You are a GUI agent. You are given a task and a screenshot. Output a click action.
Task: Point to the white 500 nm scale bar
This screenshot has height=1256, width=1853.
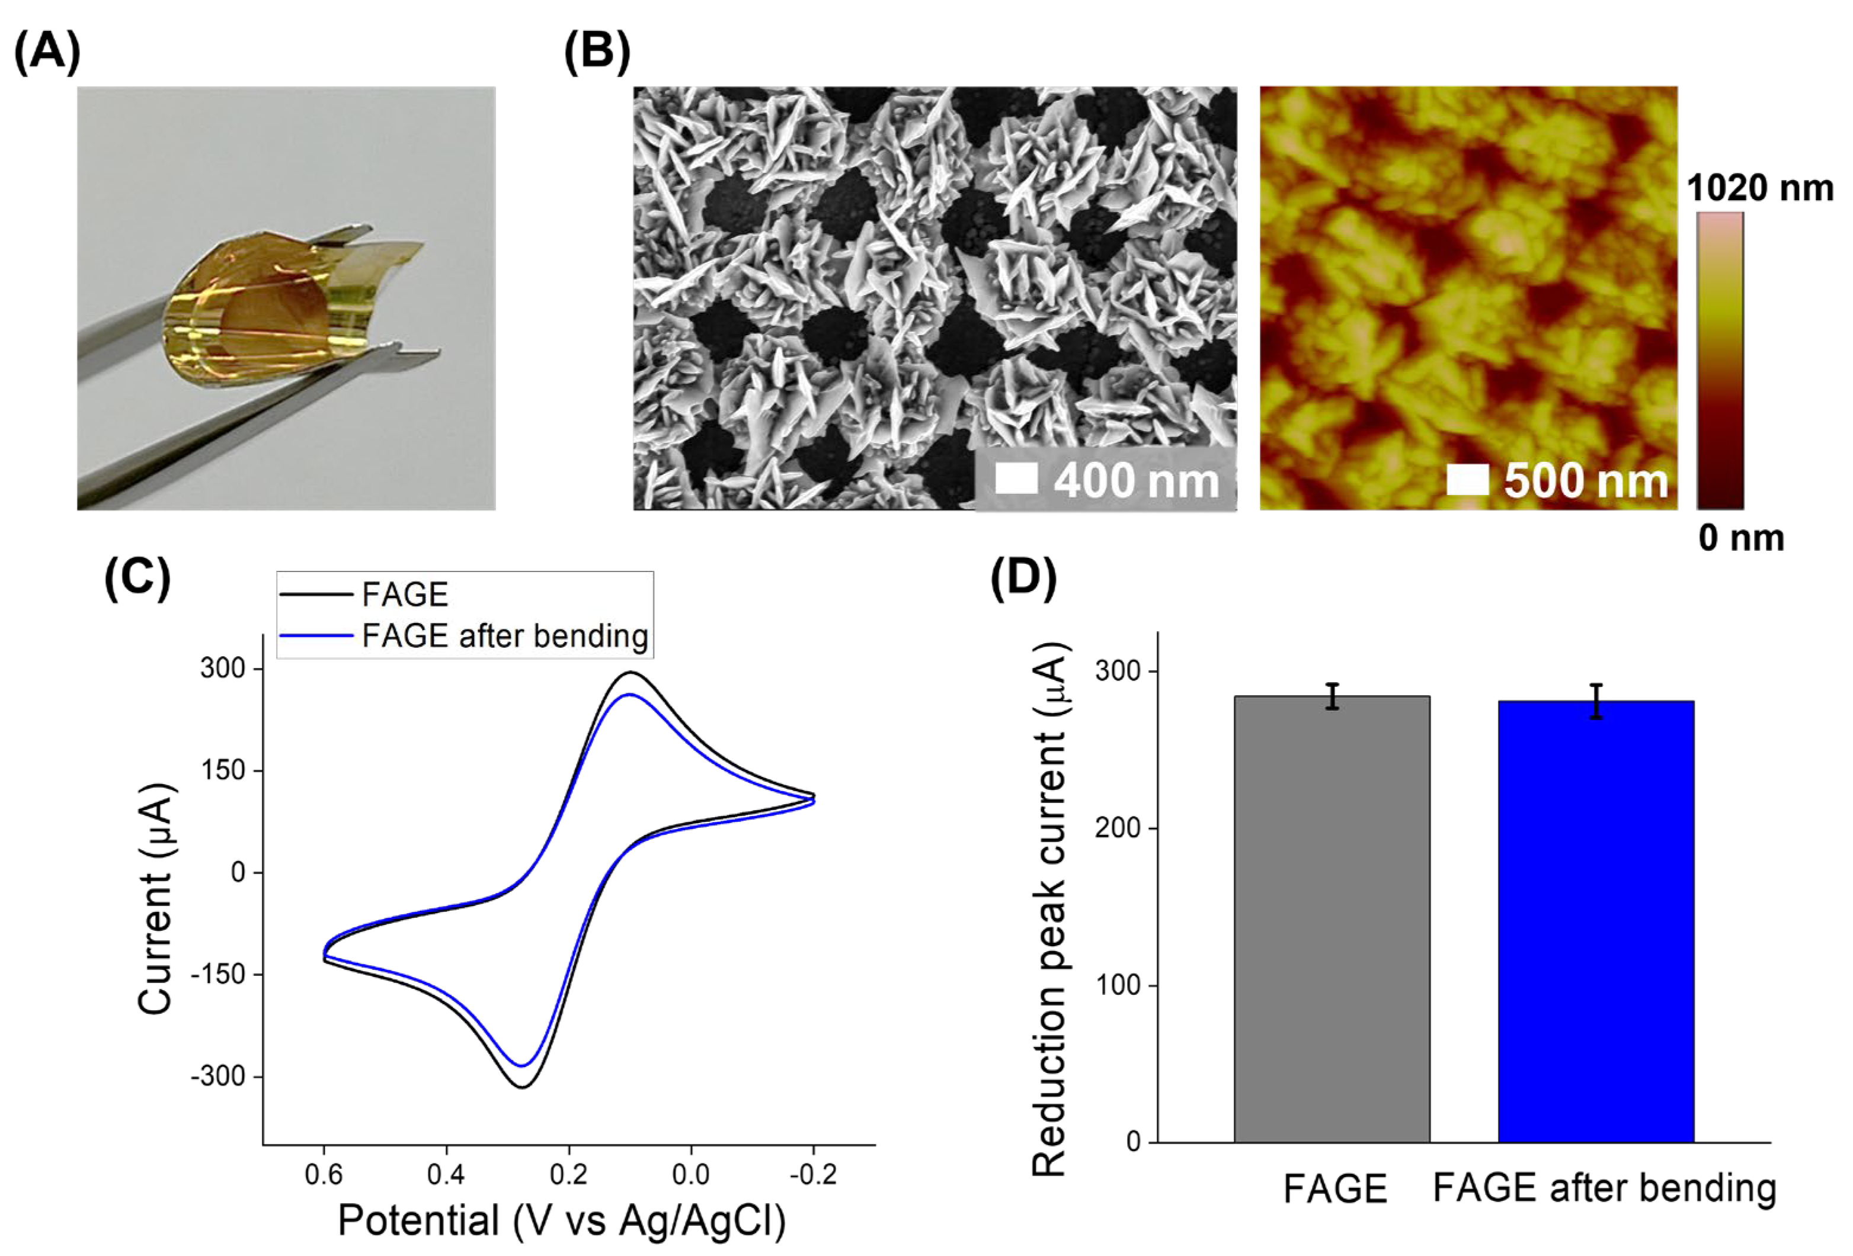tap(1467, 479)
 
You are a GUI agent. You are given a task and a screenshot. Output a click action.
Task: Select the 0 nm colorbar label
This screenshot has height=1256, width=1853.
tap(1740, 538)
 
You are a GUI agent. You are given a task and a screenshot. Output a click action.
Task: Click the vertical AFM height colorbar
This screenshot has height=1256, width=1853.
tap(1720, 360)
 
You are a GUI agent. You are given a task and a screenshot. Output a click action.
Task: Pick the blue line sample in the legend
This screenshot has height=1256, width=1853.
tap(316, 636)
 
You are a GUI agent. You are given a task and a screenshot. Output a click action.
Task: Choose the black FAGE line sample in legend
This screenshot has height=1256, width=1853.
tap(316, 595)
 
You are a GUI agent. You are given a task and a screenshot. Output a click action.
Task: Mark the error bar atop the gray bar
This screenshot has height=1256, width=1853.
tap(1332, 696)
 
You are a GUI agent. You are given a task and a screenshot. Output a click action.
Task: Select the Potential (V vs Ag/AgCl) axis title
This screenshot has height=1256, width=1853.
tap(561, 1220)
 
